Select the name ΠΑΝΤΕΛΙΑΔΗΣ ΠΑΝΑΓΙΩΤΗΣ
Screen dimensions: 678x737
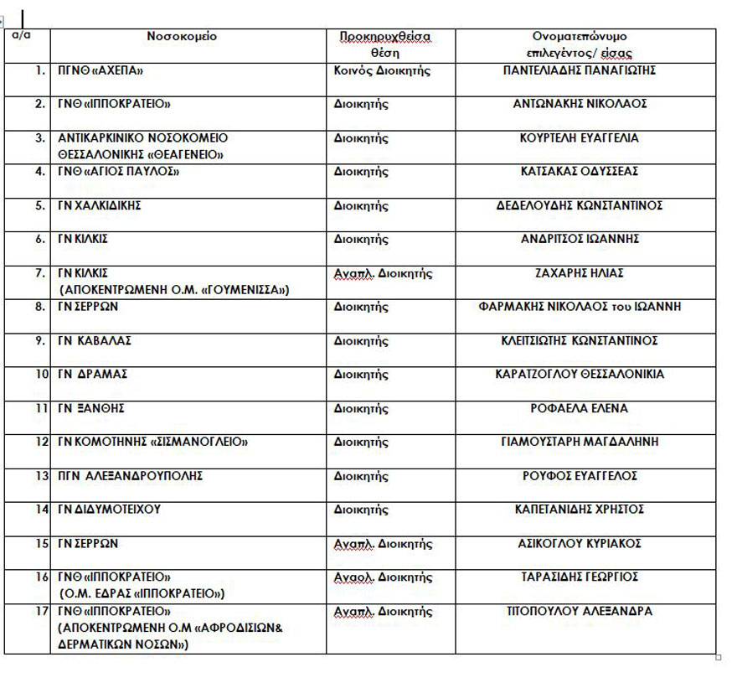[x=580, y=70]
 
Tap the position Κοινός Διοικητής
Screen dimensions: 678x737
[x=382, y=70]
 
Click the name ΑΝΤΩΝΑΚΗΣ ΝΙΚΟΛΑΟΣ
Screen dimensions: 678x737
[x=580, y=104]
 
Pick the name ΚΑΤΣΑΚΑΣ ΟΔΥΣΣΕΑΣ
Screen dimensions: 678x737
[x=580, y=172]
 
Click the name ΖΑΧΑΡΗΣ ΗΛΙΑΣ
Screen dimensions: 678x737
[x=580, y=273]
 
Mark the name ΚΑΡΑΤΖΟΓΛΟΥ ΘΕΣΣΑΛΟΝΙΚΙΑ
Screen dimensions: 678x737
[x=580, y=375]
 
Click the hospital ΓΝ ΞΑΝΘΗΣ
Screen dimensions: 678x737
[x=91, y=408]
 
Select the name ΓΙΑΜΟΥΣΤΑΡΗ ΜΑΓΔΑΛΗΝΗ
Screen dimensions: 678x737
[x=580, y=442]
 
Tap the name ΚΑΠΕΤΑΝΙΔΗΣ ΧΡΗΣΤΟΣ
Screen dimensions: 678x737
[x=580, y=510]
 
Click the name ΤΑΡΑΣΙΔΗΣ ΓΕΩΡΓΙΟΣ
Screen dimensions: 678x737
[x=580, y=577]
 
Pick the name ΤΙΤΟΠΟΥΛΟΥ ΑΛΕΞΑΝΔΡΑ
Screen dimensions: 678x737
[x=580, y=611]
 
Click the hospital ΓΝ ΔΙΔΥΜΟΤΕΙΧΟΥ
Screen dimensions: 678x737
[x=109, y=510]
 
